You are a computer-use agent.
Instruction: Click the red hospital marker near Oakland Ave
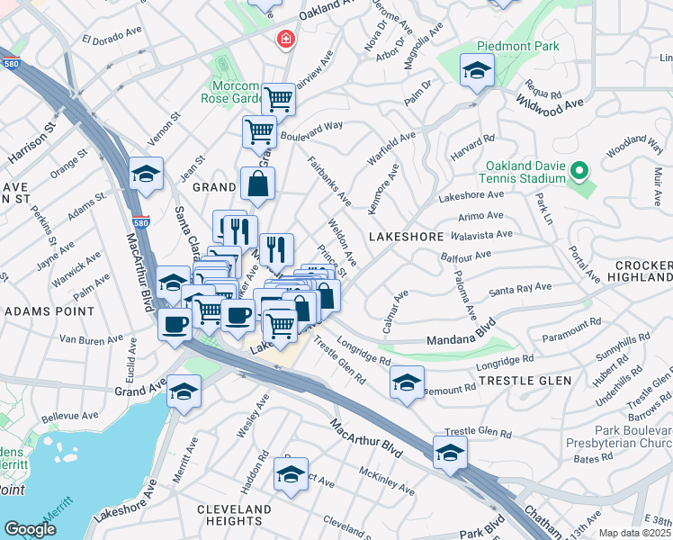click(x=285, y=40)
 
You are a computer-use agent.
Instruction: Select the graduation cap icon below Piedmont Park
click(x=477, y=71)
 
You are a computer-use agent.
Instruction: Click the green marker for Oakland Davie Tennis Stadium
click(x=580, y=169)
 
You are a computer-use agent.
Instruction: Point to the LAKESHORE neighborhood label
click(x=407, y=237)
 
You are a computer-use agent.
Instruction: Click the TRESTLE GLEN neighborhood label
click(x=525, y=382)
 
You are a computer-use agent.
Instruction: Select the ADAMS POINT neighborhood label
click(x=49, y=310)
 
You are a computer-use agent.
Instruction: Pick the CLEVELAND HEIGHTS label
click(x=235, y=516)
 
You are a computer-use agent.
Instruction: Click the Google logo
click(x=30, y=529)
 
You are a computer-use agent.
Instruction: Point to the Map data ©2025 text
click(x=634, y=533)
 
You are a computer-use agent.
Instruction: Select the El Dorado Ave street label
click(x=112, y=40)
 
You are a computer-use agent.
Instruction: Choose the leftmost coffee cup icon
click(x=175, y=323)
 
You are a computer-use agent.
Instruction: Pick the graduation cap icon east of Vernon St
click(x=146, y=175)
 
